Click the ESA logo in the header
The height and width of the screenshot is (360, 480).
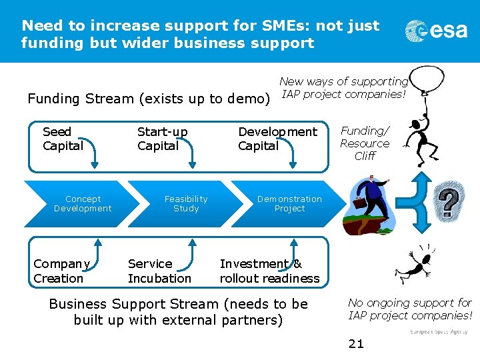(x=436, y=32)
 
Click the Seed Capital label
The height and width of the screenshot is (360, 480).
(x=63, y=139)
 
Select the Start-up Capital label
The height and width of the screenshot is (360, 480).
(x=162, y=139)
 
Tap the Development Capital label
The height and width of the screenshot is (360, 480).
(x=277, y=139)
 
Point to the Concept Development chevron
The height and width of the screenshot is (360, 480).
(x=83, y=203)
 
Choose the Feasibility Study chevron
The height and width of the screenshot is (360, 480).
(x=185, y=203)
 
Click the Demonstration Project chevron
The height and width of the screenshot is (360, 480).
(x=289, y=203)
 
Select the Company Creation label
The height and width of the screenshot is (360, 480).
(x=61, y=271)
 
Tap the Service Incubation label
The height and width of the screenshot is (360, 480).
(x=159, y=271)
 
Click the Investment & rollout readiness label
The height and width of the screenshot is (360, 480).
(x=269, y=271)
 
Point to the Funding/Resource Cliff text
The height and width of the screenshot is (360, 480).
(x=365, y=143)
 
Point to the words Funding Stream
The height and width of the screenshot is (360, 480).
(x=81, y=99)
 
